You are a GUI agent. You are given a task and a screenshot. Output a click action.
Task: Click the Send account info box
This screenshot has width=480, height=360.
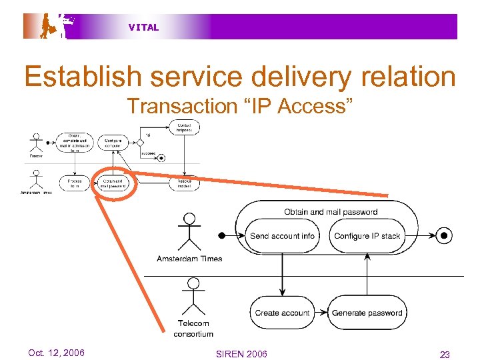(x=282, y=236)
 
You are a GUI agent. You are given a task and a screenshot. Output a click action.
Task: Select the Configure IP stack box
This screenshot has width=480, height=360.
(x=367, y=236)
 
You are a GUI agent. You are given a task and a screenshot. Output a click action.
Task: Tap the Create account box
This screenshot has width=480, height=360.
(x=282, y=313)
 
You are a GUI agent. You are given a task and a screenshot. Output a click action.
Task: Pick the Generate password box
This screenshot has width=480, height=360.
(x=367, y=313)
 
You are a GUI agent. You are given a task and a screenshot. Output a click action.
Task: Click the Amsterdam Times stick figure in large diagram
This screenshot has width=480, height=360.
(x=190, y=230)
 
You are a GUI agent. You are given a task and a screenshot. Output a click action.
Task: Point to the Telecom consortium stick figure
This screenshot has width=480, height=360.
(x=193, y=297)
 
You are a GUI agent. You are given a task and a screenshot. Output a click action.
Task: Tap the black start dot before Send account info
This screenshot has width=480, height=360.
(x=221, y=235)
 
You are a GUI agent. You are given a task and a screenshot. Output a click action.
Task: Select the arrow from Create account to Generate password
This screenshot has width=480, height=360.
(x=321, y=313)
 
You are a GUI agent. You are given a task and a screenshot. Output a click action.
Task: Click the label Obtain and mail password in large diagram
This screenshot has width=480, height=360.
(x=331, y=212)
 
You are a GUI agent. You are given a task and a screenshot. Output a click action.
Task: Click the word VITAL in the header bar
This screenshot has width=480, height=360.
(x=143, y=27)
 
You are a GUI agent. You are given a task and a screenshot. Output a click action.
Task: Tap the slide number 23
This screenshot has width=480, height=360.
(x=445, y=355)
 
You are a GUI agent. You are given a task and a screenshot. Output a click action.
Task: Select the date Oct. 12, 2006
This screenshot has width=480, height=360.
(x=57, y=353)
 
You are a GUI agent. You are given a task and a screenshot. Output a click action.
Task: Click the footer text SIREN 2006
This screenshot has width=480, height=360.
(x=241, y=354)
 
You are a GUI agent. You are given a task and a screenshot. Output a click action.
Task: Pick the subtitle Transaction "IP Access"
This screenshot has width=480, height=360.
(x=239, y=105)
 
